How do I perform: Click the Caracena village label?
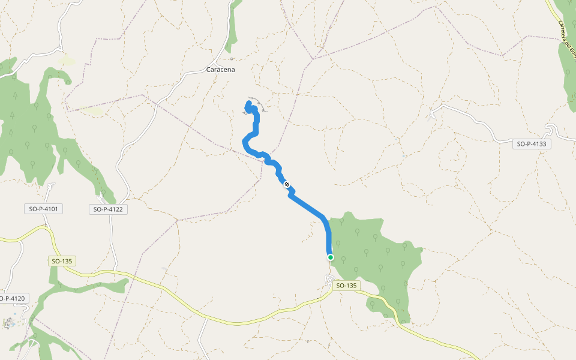click(x=220, y=70)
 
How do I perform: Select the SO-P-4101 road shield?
click(x=46, y=209)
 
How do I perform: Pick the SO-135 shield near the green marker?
click(x=346, y=286)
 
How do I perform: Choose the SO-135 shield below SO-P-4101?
click(x=63, y=262)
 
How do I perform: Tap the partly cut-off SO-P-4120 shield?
click(x=12, y=298)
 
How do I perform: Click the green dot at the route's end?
click(x=331, y=257)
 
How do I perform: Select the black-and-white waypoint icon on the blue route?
click(x=287, y=184)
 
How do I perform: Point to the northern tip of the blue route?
click(x=248, y=104)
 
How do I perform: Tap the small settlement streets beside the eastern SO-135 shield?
click(x=329, y=280)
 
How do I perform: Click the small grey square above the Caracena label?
click(x=232, y=59)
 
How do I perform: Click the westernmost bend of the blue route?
click(x=243, y=142)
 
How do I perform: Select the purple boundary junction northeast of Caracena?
click(x=313, y=59)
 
